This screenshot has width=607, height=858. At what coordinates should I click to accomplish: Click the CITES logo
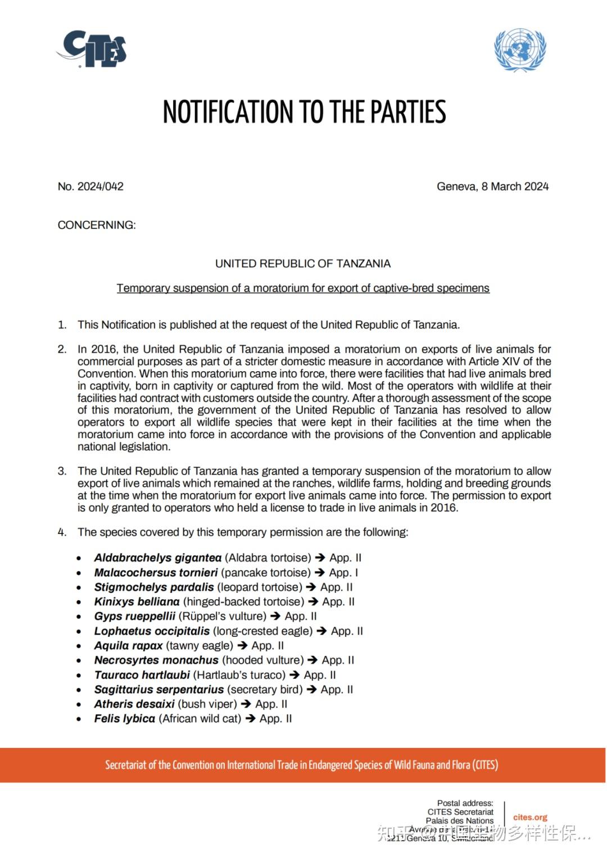[92, 49]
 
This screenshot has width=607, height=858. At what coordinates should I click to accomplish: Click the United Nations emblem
[520, 49]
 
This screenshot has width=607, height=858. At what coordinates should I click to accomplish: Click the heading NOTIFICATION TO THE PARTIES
[304, 112]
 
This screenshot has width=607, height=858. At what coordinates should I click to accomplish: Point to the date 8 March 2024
[515, 186]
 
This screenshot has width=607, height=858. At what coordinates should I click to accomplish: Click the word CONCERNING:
[97, 225]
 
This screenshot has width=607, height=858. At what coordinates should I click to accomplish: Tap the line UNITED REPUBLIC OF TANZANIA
[303, 264]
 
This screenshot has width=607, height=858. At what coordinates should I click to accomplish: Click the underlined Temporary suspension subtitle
[303, 289]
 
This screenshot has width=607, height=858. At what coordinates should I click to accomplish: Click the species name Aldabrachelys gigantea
[158, 558]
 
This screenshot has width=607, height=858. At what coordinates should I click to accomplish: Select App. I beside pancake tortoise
[343, 573]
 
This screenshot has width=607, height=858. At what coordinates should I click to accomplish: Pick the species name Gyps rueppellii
[135, 617]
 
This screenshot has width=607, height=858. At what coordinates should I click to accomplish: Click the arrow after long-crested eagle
[322, 631]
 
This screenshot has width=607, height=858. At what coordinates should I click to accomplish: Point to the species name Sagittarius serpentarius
[159, 690]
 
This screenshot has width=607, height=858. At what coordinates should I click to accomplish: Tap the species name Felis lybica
[125, 719]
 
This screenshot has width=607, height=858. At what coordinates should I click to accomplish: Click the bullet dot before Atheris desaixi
[79, 705]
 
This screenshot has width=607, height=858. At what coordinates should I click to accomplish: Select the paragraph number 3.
[62, 471]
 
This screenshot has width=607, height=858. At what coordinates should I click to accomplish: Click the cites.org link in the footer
[530, 817]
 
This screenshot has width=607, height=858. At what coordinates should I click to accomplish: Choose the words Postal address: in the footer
[465, 803]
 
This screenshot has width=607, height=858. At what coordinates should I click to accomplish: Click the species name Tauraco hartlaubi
[142, 675]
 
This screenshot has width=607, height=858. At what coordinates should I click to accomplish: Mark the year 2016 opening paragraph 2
[103, 349]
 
